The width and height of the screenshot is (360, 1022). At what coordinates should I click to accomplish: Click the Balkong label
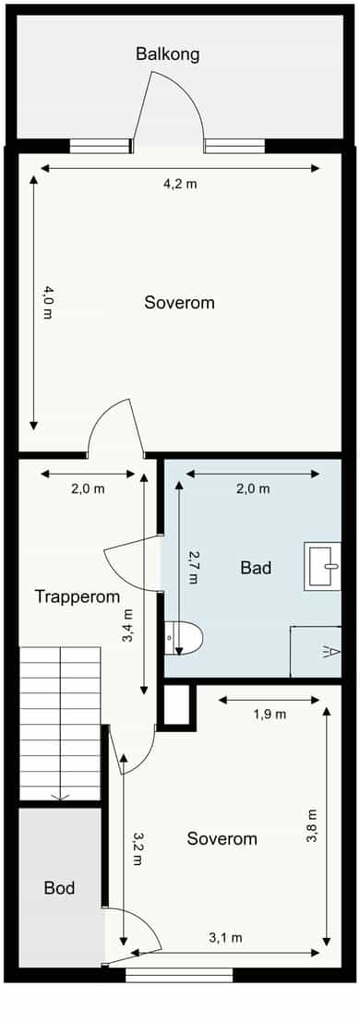tap(168, 54)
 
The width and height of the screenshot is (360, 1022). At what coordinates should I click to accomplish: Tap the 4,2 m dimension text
tap(180, 184)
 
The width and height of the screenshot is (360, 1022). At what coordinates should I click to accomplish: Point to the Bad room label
tap(256, 568)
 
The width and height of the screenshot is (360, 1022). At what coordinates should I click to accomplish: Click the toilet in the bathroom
tap(184, 638)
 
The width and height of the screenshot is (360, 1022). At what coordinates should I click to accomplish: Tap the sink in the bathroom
tap(322, 567)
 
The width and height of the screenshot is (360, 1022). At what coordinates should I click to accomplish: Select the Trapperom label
tap(78, 596)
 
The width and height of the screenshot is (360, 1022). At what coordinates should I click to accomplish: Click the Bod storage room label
tap(59, 888)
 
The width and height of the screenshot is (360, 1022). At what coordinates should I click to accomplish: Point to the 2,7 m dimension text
tap(192, 568)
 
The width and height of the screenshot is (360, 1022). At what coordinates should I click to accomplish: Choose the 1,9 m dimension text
tap(270, 715)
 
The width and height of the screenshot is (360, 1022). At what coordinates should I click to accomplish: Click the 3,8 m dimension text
tap(312, 826)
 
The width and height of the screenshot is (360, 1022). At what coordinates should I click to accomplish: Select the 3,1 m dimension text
tap(225, 938)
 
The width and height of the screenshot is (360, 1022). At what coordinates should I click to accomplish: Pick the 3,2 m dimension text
tap(137, 848)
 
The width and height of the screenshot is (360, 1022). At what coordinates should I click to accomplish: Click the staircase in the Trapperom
tap(60, 724)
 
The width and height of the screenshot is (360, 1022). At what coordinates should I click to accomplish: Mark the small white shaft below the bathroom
tap(176, 705)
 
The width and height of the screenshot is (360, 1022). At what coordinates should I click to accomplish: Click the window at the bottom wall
tap(179, 974)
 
